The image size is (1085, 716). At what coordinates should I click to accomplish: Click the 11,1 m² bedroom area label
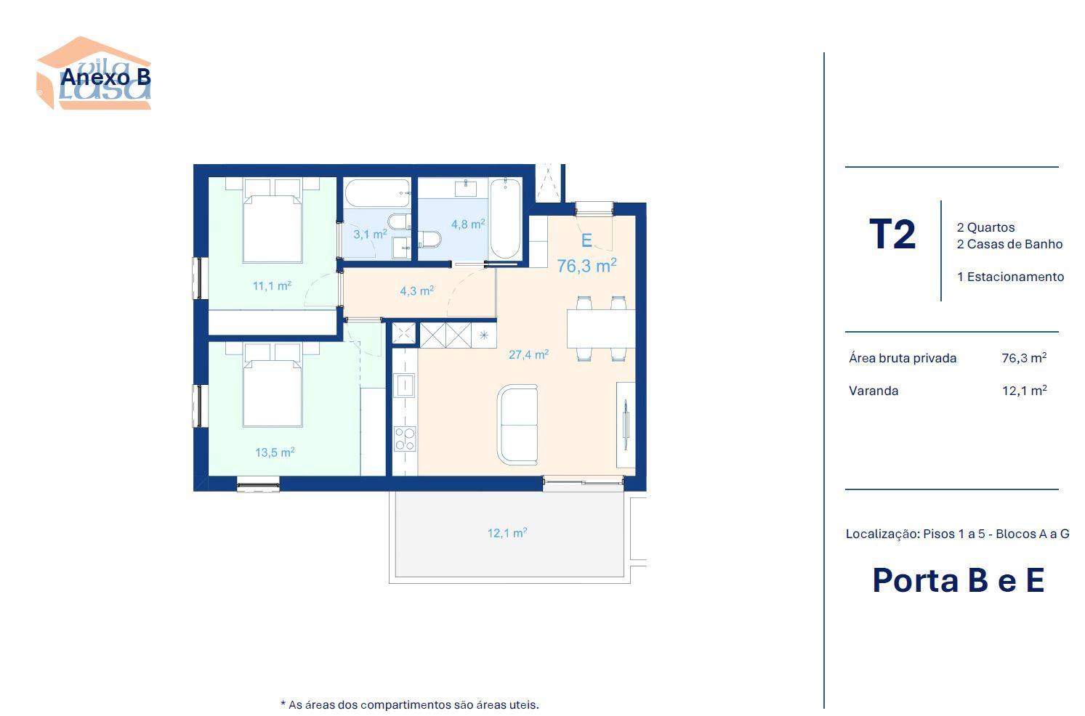click(272, 285)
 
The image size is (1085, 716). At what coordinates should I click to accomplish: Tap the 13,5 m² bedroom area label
click(275, 452)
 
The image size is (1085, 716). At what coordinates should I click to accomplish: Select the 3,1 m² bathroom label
click(370, 235)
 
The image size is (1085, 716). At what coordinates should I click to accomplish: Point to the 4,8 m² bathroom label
click(468, 224)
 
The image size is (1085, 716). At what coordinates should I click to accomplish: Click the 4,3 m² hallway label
click(416, 290)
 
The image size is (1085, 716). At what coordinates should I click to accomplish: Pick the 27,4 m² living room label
click(528, 354)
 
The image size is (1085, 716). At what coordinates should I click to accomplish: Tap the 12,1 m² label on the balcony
click(507, 533)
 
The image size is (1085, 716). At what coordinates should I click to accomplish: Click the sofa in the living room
click(517, 425)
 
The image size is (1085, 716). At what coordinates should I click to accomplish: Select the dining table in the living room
click(601, 329)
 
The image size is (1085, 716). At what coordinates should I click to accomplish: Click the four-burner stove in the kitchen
click(405, 439)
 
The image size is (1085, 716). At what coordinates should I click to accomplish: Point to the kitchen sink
click(405, 386)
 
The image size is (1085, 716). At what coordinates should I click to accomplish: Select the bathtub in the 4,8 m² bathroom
click(505, 219)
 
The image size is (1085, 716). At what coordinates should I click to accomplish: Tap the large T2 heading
click(892, 235)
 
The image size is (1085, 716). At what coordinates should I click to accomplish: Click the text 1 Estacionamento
click(1010, 277)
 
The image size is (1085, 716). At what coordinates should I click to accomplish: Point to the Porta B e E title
click(958, 580)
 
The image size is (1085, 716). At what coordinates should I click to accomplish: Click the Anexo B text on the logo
click(105, 77)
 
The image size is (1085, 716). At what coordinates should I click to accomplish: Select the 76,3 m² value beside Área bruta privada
click(1024, 358)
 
